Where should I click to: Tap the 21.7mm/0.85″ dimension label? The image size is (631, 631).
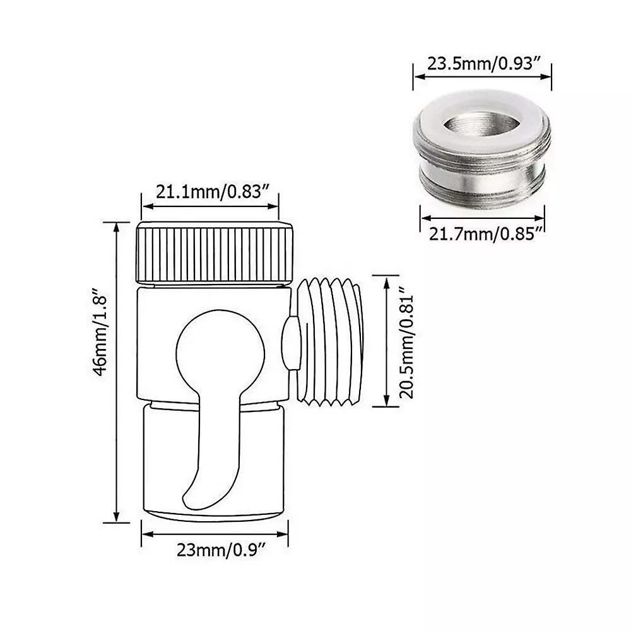[x=486, y=234]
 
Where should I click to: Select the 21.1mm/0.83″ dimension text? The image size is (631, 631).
[x=212, y=192]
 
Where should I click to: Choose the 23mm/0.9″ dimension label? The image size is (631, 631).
[x=221, y=550]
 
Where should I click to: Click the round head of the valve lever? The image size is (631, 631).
[x=220, y=354]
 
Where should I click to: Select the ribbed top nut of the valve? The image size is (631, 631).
[x=215, y=253]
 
